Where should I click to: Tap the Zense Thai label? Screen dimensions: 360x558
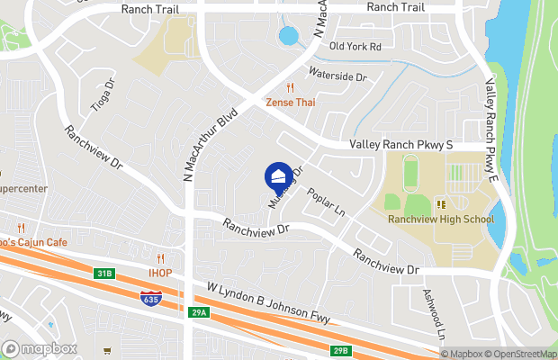pos(290,103)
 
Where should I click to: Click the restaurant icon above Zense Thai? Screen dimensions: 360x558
pos(290,88)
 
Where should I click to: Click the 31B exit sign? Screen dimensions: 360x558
pos(105,274)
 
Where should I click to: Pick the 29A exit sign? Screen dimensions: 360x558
pos(199,312)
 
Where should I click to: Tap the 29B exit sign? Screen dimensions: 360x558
pos(339,350)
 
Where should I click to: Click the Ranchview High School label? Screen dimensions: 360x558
pos(441,219)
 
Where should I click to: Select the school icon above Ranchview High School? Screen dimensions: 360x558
pos(441,204)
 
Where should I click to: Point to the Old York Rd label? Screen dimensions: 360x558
pos(356,46)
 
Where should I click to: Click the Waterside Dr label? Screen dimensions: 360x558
pos(338,77)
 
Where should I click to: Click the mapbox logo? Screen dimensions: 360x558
pos(40,348)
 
